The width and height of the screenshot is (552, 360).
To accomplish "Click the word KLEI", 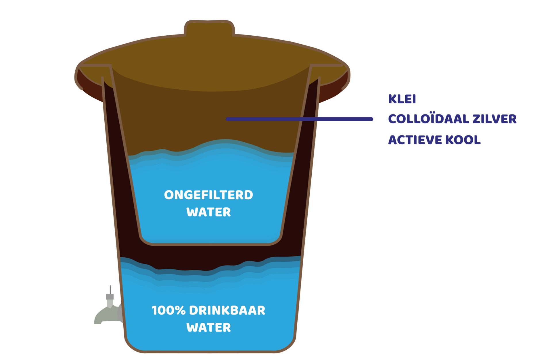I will [x=402, y=99].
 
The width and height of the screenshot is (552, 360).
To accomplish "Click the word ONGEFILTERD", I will [x=208, y=195].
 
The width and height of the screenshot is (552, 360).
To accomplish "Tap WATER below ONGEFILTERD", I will [x=208, y=212].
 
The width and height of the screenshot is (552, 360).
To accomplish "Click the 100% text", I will [x=168, y=311].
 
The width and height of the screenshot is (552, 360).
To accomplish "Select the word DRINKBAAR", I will [x=227, y=311].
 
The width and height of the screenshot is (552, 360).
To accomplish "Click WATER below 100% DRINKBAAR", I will [x=208, y=328].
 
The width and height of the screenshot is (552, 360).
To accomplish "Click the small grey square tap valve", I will [x=110, y=297].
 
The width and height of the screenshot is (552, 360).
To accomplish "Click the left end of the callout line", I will [x=228, y=119].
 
